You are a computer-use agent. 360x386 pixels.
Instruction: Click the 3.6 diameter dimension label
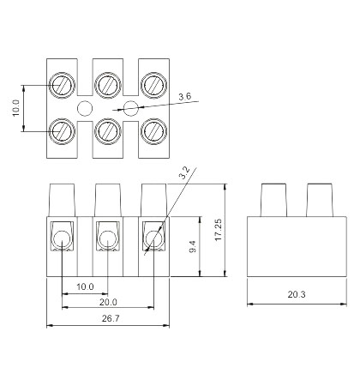[184, 96]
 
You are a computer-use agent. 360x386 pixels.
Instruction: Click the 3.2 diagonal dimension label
[184, 172]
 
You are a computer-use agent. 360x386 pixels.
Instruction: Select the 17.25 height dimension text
[218, 230]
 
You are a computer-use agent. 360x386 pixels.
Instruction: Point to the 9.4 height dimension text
[193, 246]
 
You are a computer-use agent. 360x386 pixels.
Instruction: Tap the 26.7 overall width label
[111, 318]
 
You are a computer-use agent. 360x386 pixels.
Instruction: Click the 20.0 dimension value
[108, 302]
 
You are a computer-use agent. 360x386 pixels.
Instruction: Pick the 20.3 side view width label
[297, 294]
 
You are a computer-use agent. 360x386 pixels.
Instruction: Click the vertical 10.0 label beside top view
[15, 108]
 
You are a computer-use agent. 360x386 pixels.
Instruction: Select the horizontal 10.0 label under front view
[85, 286]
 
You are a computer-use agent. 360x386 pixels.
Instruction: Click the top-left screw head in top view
[62, 85]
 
